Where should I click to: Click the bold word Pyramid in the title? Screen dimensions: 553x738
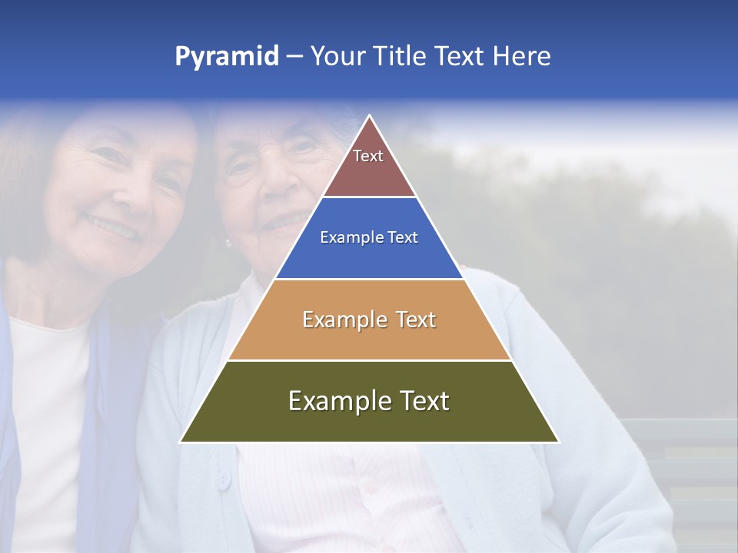click(x=227, y=57)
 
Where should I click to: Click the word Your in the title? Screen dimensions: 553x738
click(x=337, y=56)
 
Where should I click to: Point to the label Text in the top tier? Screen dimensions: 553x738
click(x=368, y=156)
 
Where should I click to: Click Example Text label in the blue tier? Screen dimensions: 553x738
click(x=369, y=237)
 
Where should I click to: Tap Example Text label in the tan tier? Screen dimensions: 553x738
click(x=369, y=320)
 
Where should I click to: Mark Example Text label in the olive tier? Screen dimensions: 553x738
click(x=369, y=401)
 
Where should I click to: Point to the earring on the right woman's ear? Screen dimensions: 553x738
click(x=228, y=243)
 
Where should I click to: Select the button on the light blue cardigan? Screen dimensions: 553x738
click(x=223, y=481)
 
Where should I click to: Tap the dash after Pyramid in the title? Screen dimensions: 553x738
click(x=294, y=57)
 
